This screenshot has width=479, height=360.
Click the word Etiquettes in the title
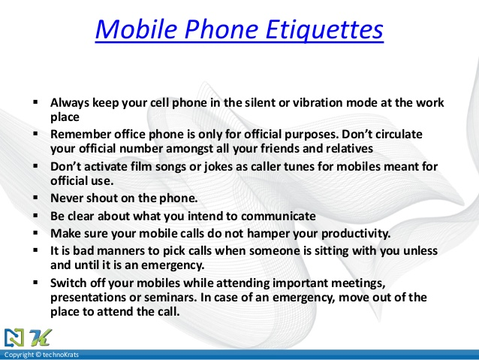(324, 29)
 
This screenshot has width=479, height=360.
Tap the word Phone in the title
(221, 29)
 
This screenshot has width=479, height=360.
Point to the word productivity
(356, 234)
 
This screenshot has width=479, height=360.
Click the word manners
(121, 251)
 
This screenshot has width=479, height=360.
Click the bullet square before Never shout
(36, 198)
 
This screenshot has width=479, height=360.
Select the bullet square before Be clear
(36, 216)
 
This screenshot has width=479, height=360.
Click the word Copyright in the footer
(19, 355)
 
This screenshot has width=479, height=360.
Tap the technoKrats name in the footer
(61, 355)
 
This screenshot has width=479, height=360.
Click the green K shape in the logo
(41, 337)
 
